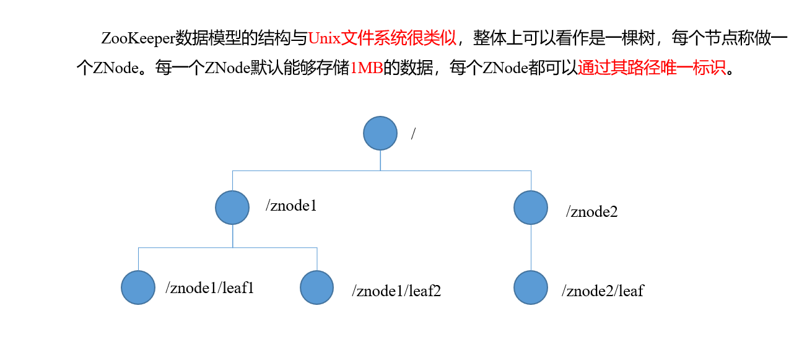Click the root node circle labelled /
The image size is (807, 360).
click(380, 133)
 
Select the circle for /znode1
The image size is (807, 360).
click(232, 208)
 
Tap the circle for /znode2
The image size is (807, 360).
click(531, 208)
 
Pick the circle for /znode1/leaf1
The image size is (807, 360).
click(138, 288)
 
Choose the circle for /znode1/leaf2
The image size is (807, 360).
click(317, 288)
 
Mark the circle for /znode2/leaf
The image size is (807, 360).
click(531, 288)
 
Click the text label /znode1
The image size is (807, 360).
click(291, 206)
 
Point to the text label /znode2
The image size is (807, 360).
click(591, 212)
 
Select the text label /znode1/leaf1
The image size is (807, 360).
click(210, 288)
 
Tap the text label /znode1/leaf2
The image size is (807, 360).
click(396, 291)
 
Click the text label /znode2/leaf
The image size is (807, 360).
click(603, 290)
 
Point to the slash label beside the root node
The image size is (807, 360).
click(413, 134)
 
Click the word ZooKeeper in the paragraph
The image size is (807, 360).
click(137, 38)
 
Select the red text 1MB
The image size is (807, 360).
click(367, 68)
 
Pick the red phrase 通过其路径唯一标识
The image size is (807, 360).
click(651, 68)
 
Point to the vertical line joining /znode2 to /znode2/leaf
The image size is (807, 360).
click(531, 248)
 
